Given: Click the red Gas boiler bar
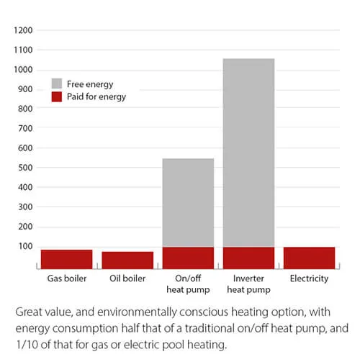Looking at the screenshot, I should pos(66,258).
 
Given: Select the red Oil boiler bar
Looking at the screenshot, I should pos(127,260).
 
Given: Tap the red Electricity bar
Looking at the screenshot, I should pos(309,257).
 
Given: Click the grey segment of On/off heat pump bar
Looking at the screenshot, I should pos(188,202).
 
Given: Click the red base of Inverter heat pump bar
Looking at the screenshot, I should pos(248,257).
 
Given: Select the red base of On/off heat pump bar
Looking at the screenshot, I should pos(188,257).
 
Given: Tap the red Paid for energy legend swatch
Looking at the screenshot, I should pos(56,96).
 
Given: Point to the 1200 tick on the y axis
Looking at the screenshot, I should pos(23,31).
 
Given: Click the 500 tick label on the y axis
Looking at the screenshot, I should pos(25,168).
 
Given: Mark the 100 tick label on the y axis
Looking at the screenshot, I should pos(25,246).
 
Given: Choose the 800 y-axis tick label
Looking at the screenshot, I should pos(25,109).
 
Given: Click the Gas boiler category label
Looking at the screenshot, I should pos(66,279).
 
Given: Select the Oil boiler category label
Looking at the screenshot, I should pos(127,279).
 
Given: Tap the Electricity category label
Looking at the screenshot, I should pos(309,279).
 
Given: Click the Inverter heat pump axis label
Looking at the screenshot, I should pos(248,283).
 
